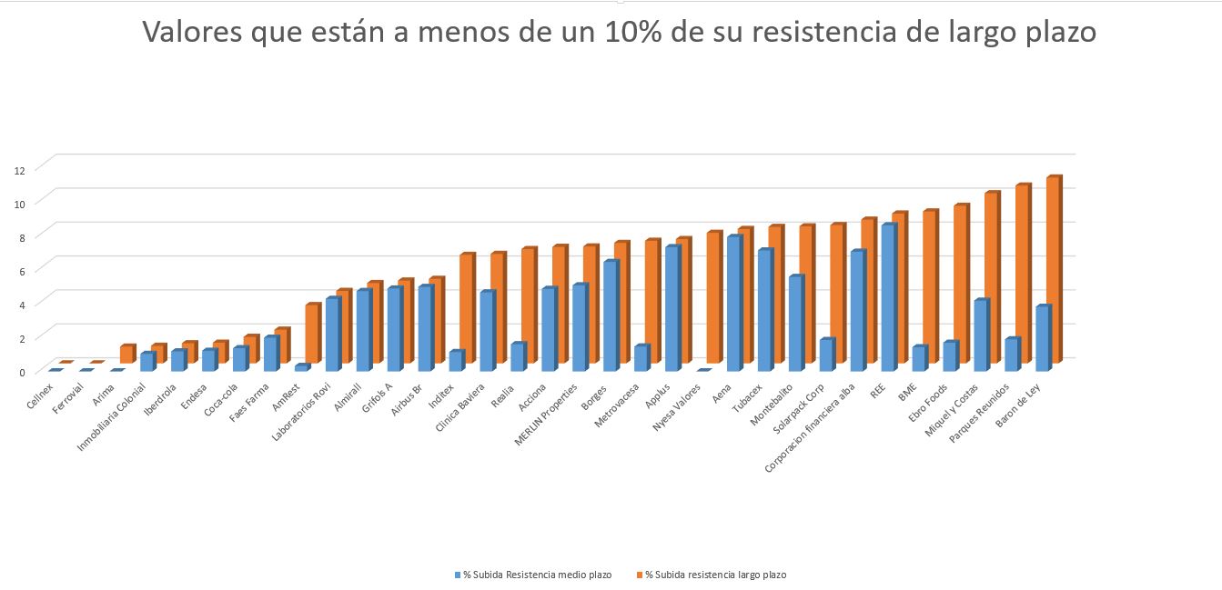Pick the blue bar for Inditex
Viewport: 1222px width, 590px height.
pos(456,361)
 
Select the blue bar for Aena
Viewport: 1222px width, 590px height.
pos(733,303)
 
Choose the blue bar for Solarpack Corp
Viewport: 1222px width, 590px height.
pos(826,355)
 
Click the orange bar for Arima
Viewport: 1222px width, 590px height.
pos(126,355)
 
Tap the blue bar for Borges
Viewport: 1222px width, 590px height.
pos(611,315)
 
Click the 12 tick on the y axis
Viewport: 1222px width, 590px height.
pos(18,169)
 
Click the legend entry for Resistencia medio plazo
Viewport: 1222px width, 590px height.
pos(537,575)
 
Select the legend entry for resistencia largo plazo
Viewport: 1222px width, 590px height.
pos(715,575)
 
